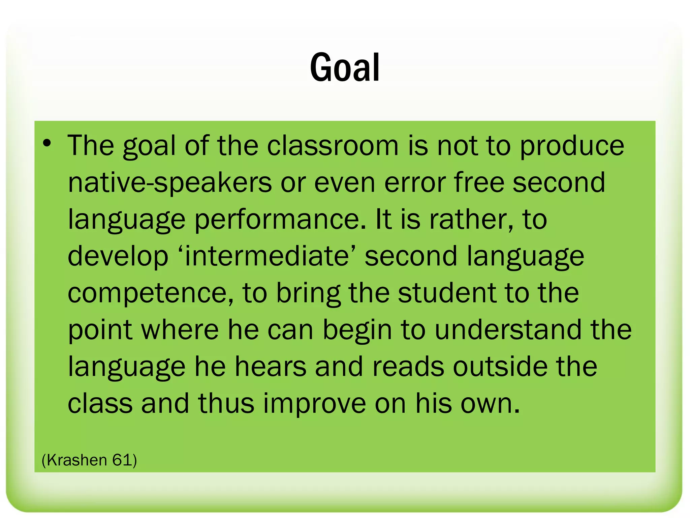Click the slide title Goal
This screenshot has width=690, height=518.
(x=345, y=67)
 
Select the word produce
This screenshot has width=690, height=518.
(x=572, y=146)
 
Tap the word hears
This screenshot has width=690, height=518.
(x=271, y=366)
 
